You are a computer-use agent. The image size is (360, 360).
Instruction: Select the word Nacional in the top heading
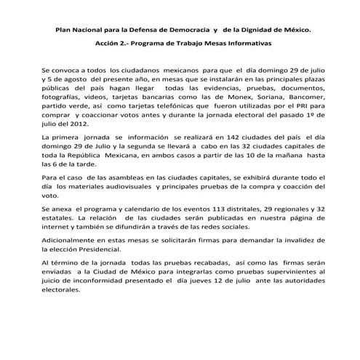pos(100,31)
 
